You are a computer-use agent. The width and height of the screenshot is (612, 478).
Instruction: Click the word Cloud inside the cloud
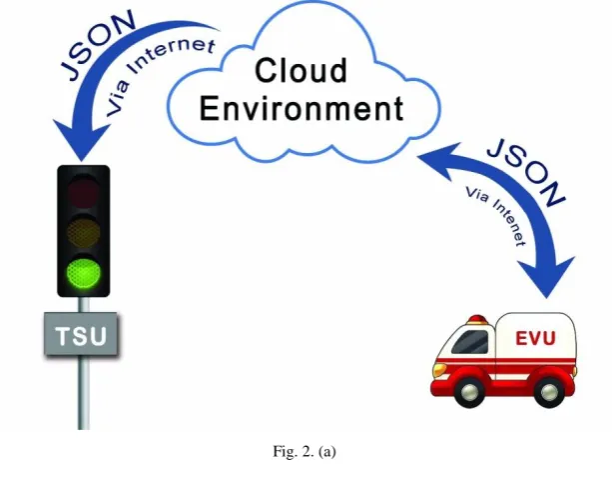[x=301, y=70]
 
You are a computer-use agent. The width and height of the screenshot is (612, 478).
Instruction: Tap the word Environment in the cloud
[x=302, y=108]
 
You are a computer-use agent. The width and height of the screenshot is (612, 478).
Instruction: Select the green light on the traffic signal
[x=84, y=272]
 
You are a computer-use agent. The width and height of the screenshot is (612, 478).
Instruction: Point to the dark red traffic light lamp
[x=83, y=192]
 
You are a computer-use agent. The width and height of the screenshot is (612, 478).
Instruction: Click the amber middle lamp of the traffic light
[x=83, y=232]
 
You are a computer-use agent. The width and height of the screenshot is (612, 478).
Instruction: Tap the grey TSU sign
[x=81, y=334]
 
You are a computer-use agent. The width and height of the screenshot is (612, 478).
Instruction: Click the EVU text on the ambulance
[x=535, y=338]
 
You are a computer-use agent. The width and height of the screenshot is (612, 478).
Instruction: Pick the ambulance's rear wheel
[x=548, y=390]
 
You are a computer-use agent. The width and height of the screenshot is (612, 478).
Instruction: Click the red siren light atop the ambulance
[x=478, y=319]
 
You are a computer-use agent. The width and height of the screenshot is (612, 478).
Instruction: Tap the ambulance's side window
[x=470, y=342]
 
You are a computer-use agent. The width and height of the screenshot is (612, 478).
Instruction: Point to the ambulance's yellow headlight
[x=439, y=369]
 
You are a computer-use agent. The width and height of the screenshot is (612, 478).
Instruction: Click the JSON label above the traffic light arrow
[x=98, y=45]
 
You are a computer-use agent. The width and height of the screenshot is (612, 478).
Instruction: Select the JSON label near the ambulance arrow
[x=526, y=172]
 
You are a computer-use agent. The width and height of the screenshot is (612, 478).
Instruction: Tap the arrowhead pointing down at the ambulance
[x=546, y=277]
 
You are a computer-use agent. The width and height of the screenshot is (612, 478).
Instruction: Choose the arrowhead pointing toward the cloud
[x=436, y=159]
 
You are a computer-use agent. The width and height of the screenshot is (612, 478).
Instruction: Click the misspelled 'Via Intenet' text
[x=495, y=216]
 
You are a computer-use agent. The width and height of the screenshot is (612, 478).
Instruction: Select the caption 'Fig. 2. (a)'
[x=305, y=451]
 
